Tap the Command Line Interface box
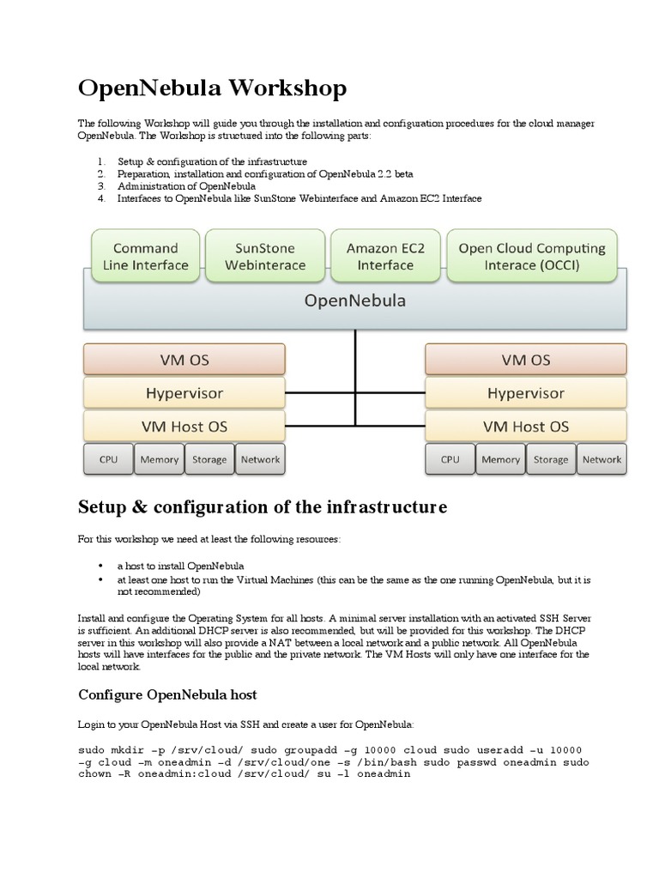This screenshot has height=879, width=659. [x=146, y=256]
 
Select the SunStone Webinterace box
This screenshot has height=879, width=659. [x=265, y=256]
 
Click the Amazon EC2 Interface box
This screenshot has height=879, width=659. [x=385, y=256]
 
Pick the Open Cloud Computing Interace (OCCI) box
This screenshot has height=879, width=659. [x=531, y=256]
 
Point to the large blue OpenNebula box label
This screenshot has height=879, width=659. [x=355, y=301]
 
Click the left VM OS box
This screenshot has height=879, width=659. [x=184, y=360]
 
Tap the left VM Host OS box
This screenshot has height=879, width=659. [x=184, y=427]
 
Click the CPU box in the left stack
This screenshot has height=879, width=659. [x=108, y=459]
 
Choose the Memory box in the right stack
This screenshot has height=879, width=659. [x=500, y=459]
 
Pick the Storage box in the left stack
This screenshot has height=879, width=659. [x=209, y=459]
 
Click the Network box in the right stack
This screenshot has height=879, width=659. [x=602, y=459]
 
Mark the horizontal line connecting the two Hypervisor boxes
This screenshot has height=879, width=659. [x=354, y=393]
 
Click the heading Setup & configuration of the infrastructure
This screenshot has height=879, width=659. [x=263, y=507]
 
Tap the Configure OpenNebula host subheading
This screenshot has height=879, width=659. [x=167, y=694]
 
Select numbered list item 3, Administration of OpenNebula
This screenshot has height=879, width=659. [x=186, y=185]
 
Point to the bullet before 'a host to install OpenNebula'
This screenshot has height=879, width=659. [x=101, y=567]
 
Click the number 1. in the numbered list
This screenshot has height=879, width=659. [x=100, y=161]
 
